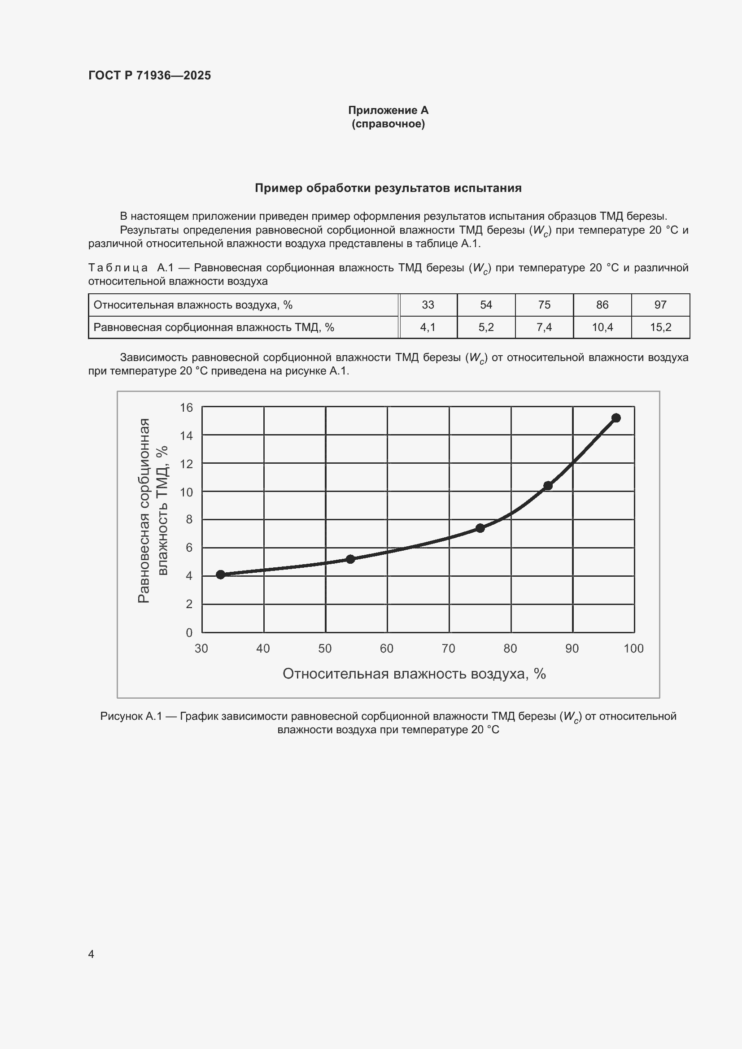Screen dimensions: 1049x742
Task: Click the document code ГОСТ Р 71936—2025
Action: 149,75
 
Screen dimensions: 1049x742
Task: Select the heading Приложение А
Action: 388,110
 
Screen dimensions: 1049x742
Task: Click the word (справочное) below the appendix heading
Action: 388,124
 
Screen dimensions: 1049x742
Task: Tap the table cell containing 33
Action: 428,305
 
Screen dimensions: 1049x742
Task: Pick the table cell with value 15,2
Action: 660,327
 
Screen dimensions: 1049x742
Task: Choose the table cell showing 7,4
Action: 544,327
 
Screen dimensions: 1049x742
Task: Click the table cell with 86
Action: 602,305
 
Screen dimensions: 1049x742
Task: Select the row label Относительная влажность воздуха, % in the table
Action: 193,305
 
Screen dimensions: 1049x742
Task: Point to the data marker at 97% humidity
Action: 615,418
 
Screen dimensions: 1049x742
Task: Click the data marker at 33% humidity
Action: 220,575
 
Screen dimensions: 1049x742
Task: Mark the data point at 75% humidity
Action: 480,528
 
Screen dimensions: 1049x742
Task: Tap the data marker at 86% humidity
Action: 548,485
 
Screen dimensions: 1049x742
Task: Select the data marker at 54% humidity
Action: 350,559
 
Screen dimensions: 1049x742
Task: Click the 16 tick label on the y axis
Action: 187,407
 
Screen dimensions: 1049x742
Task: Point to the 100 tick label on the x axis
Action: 633,649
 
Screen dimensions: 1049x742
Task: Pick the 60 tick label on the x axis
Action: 387,649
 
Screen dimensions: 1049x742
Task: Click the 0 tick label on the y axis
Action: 189,633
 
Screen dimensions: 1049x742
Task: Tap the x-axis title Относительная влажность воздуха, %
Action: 414,674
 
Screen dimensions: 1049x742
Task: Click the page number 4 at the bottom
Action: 91,954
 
